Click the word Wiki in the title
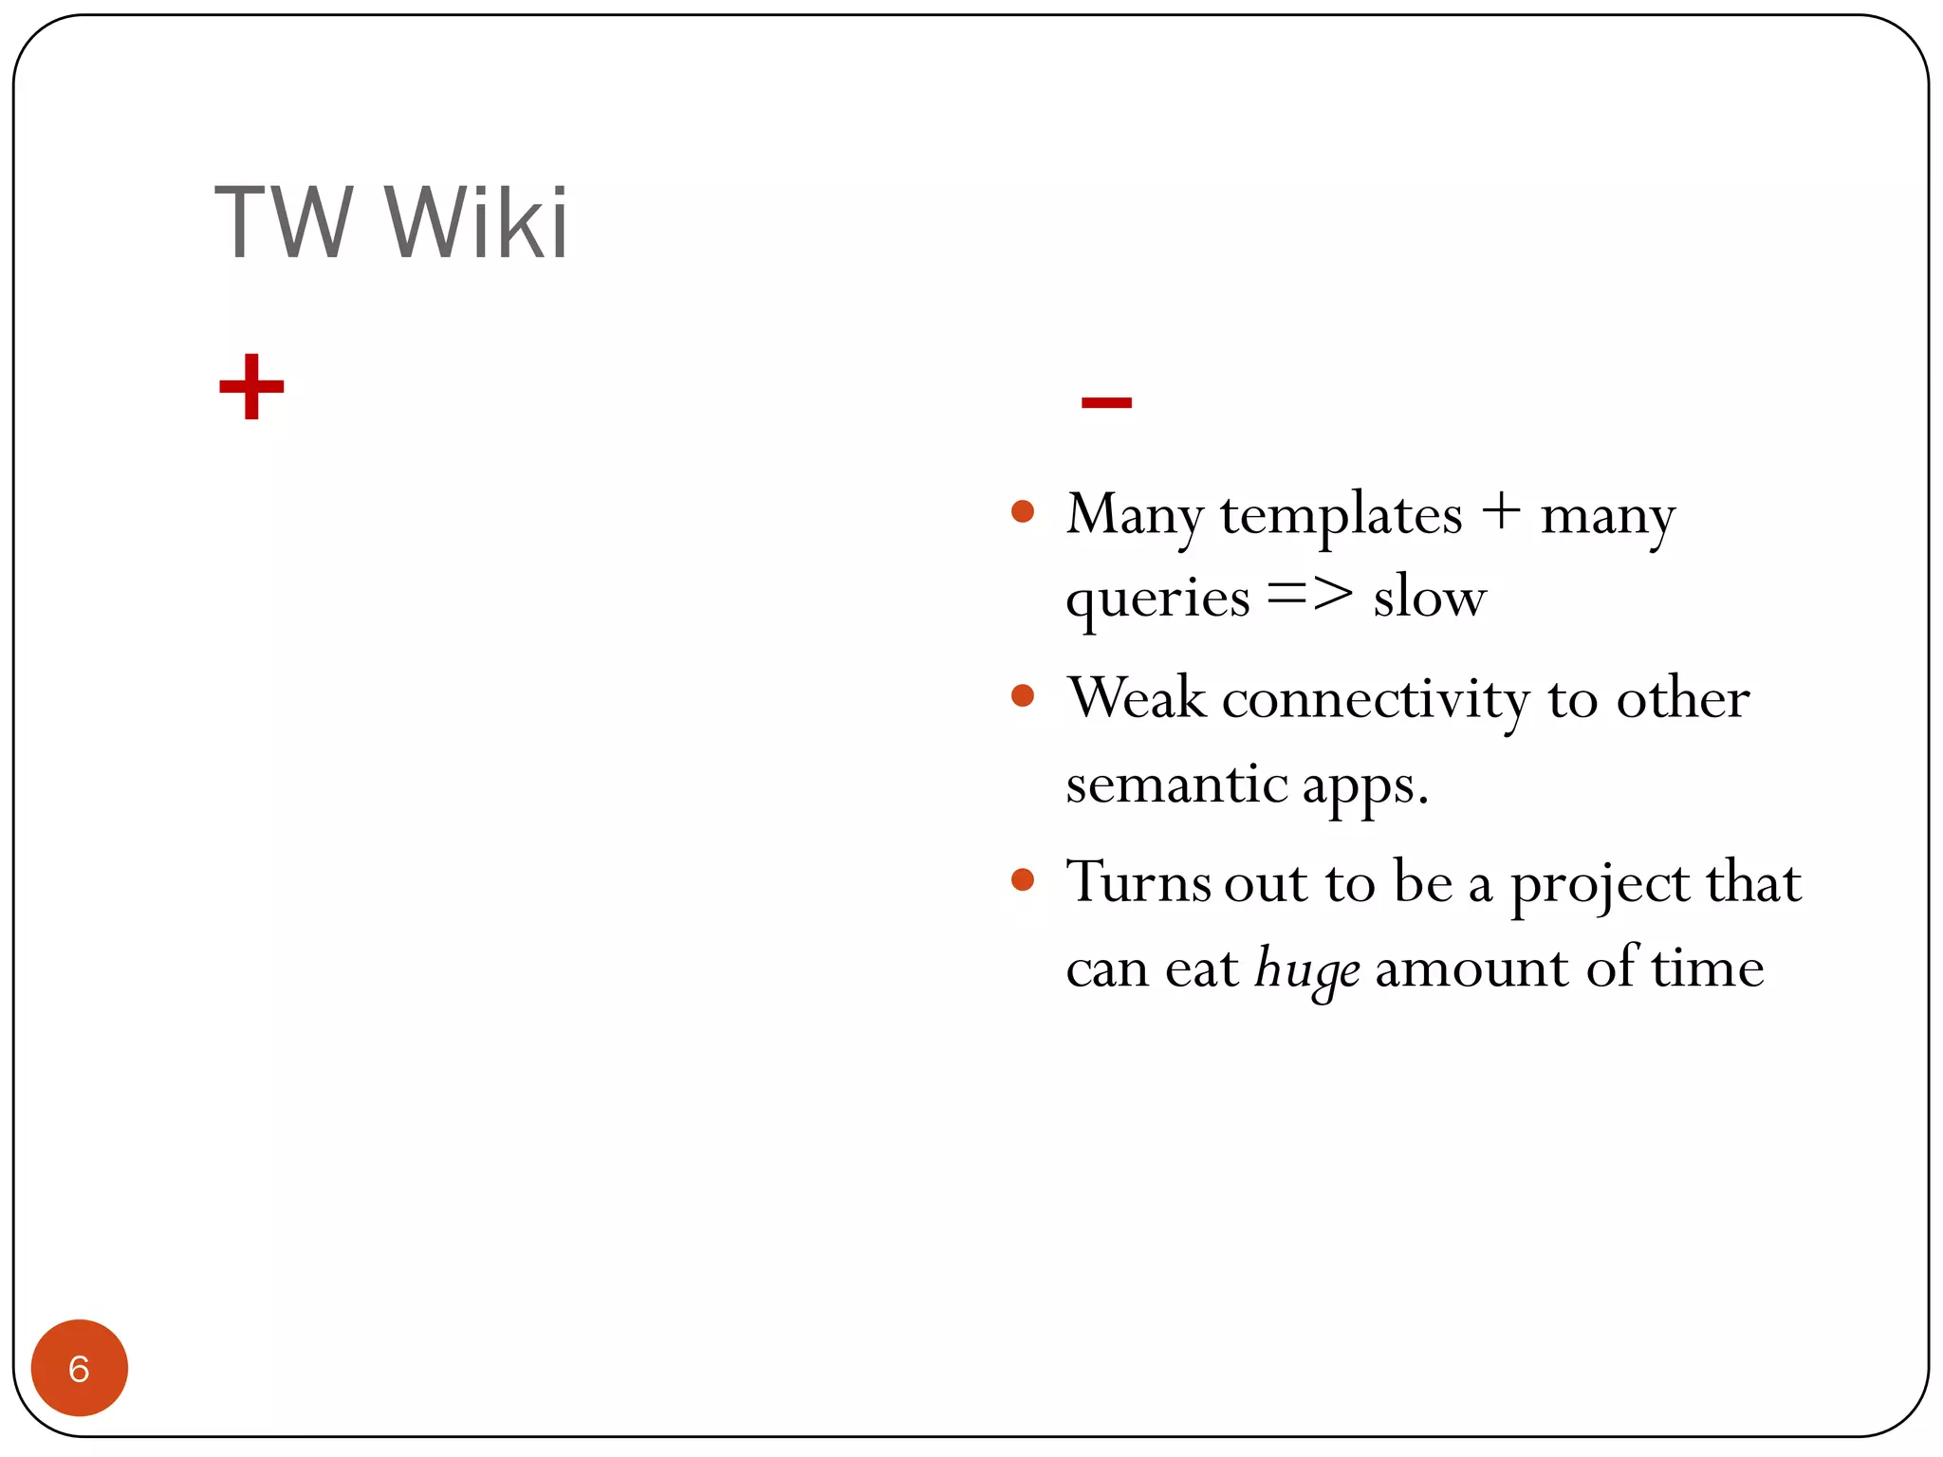(x=476, y=223)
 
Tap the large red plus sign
(x=251, y=386)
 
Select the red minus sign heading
(x=1106, y=402)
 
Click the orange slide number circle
(x=80, y=1367)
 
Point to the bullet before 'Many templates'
(x=1023, y=512)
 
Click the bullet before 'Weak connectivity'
(x=1023, y=696)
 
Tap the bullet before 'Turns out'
(x=1023, y=879)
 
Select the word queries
(x=1157, y=600)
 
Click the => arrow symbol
(x=1310, y=596)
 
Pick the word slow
(x=1430, y=599)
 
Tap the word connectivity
(x=1376, y=700)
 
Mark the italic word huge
(x=1307, y=970)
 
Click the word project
(x=1600, y=885)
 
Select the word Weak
(x=1137, y=698)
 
